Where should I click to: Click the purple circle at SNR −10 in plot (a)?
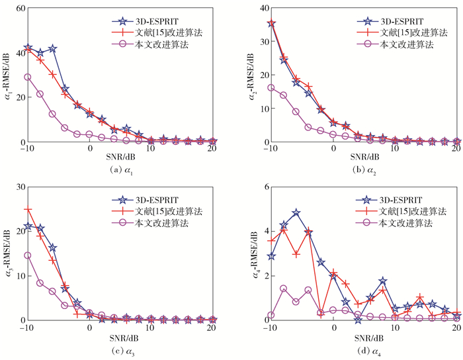coord(27,77)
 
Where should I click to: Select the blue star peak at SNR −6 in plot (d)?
coord(296,212)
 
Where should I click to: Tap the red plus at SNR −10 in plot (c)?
coord(27,209)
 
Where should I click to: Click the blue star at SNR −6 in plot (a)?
coord(52,49)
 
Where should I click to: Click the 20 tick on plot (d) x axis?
coord(456,328)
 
